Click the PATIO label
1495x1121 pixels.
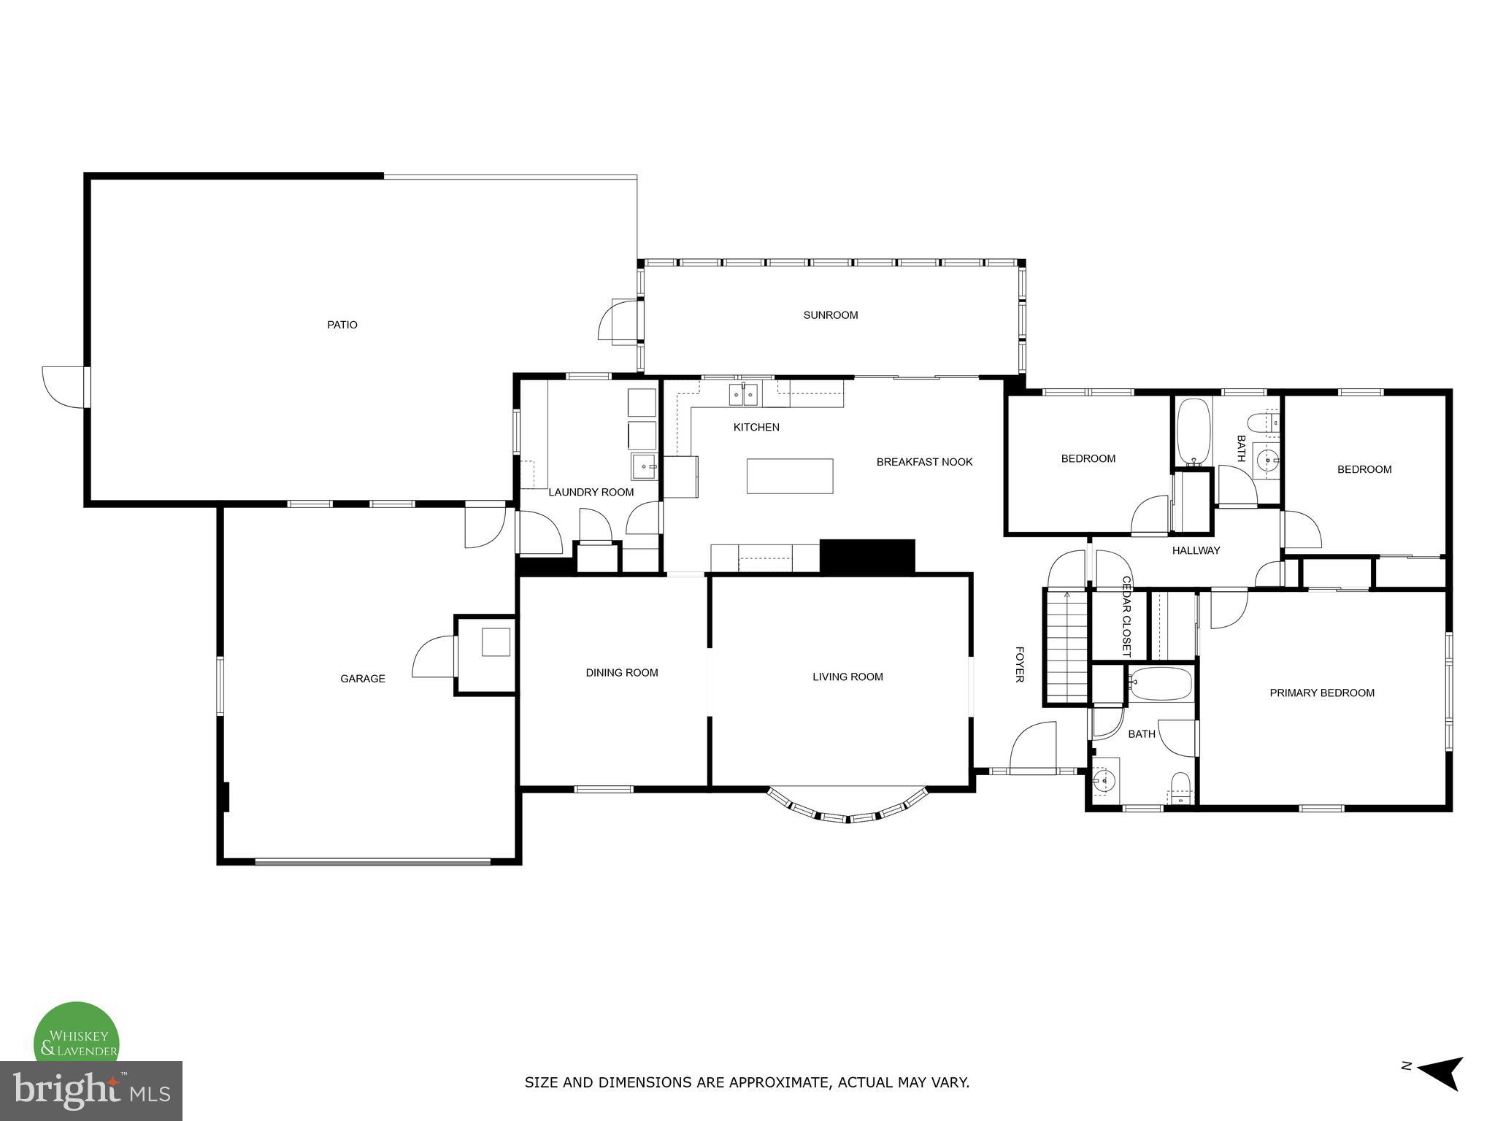click(342, 325)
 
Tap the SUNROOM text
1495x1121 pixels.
click(830, 315)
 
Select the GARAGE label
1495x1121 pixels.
click(362, 679)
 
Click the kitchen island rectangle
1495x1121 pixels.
click(789, 476)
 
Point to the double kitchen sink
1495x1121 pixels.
click(742, 395)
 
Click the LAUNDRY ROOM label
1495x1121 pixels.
click(591, 493)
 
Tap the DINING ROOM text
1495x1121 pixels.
click(621, 673)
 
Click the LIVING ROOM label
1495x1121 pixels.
click(848, 677)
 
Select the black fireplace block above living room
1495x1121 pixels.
click(866, 556)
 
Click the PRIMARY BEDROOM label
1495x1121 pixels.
click(1321, 693)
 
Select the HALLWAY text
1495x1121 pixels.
click(1196, 551)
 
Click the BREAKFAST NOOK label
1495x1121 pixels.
click(924, 462)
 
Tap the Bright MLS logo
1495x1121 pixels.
click(91, 1091)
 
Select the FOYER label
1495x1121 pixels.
click(1019, 664)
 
